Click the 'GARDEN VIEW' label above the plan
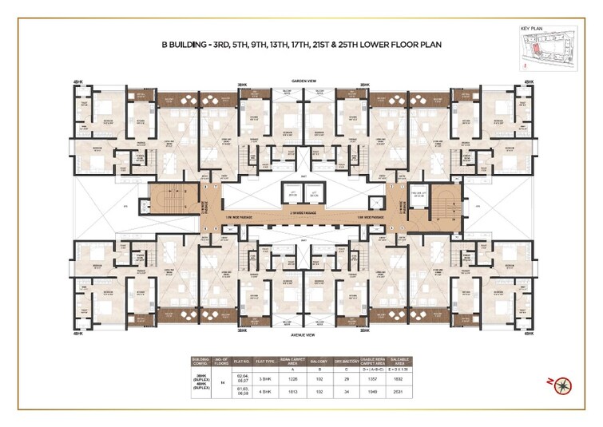point(300,81)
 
